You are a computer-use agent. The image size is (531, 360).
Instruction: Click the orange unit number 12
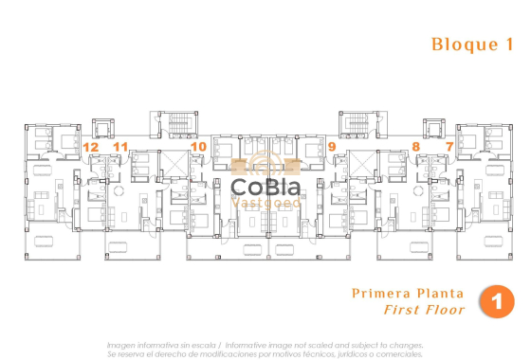[91, 147]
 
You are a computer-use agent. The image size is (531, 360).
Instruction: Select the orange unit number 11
[120, 147]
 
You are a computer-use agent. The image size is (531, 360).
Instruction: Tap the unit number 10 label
[198, 147]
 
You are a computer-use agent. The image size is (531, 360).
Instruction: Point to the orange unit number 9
[332, 147]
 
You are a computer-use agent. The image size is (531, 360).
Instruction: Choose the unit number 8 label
[416, 147]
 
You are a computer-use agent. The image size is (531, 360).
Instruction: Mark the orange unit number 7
[449, 147]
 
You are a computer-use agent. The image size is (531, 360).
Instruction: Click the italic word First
[403, 309]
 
